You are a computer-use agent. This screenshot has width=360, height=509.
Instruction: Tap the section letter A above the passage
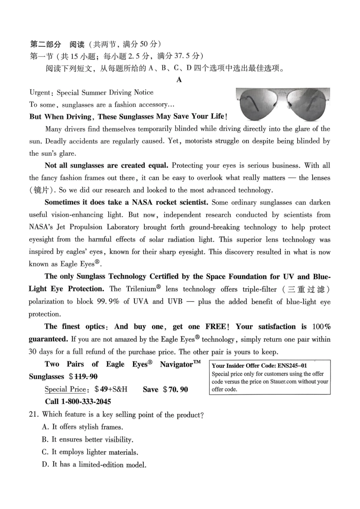(179, 80)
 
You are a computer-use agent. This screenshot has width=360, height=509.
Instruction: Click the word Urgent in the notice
(40, 93)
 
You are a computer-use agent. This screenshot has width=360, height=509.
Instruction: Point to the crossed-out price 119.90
(86, 377)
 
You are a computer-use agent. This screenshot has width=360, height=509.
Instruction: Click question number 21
(33, 414)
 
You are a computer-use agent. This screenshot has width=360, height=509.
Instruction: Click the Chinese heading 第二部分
(45, 45)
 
